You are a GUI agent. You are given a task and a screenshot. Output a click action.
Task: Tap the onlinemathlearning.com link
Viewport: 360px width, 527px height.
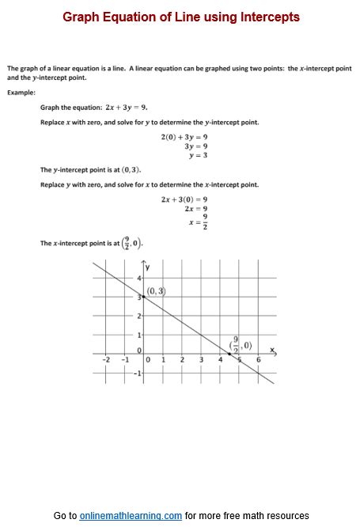click(x=131, y=515)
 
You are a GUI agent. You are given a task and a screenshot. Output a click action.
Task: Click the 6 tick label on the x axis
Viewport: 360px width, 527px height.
click(x=258, y=360)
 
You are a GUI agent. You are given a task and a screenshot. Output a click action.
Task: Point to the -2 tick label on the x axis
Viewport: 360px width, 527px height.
click(x=106, y=360)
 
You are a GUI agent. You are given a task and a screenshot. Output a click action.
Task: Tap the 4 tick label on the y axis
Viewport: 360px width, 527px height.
click(x=138, y=278)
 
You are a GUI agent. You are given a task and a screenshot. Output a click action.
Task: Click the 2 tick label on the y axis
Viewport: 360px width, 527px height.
click(x=138, y=316)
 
